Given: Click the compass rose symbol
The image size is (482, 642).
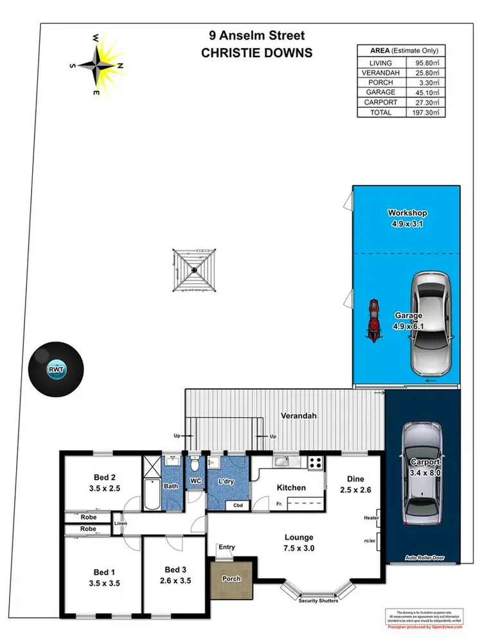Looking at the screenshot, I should pyautogui.click(x=100, y=64).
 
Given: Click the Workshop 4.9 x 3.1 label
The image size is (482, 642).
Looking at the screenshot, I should pyautogui.click(x=407, y=218).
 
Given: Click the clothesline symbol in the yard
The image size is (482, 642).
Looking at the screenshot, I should pyautogui.click(x=193, y=270).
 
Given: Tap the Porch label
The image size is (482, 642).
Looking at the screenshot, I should pyautogui.click(x=231, y=578).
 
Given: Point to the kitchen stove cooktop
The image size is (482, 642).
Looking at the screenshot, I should pyautogui.click(x=316, y=461).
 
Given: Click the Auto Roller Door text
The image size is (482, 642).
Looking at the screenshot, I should pyautogui.click(x=425, y=558).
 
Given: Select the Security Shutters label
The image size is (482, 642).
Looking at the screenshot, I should pyautogui.click(x=318, y=601).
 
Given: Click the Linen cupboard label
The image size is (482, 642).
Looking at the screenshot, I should pyautogui.click(x=120, y=524).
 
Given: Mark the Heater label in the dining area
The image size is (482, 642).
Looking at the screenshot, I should pyautogui.click(x=371, y=517).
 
